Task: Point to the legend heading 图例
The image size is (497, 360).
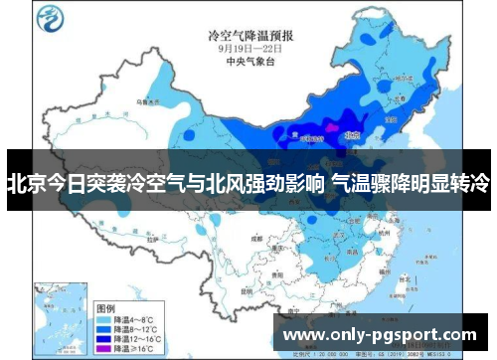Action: click(105, 281)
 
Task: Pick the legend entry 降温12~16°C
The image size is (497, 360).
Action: click(133, 323)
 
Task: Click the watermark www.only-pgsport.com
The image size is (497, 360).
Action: click(380, 335)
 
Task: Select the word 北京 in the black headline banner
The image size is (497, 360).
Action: click(25, 183)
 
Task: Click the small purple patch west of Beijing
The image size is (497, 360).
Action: click(329, 128)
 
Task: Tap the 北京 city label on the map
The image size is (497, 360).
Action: click(350, 130)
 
